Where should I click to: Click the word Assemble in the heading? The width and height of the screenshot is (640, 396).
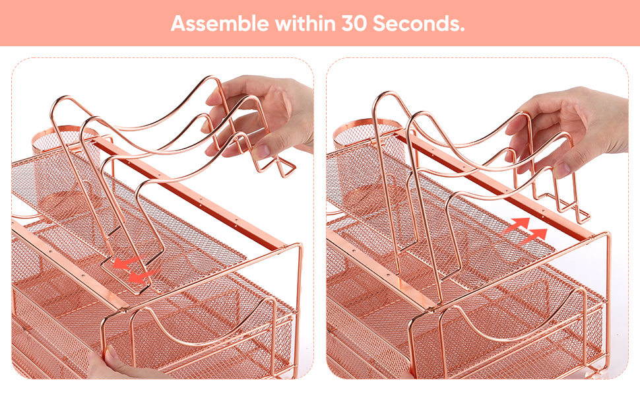220,24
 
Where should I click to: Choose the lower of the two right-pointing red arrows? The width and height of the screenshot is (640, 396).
534,236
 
